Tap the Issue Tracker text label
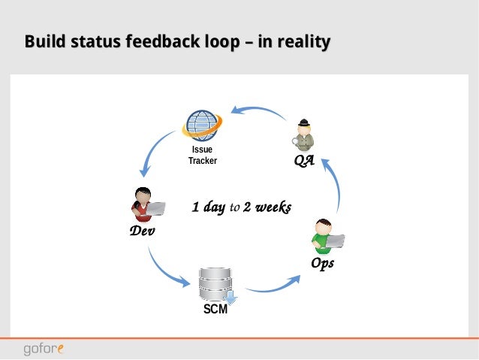202,155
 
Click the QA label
303,162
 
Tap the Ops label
322,264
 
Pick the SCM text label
215,309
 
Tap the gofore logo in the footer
43,349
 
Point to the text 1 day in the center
208,207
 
